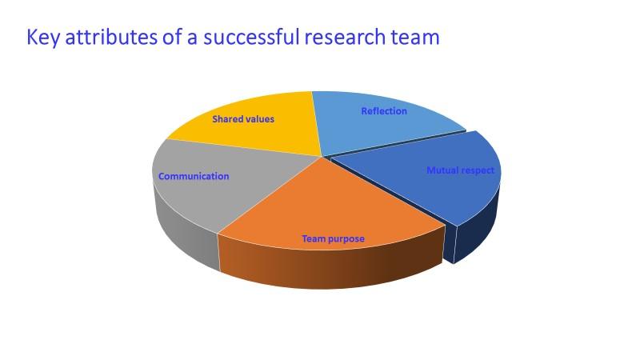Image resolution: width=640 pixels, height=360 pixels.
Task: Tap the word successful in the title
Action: (x=252, y=38)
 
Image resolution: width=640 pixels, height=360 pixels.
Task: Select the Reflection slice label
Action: (x=384, y=111)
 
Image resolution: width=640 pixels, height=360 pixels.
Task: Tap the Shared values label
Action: (x=243, y=119)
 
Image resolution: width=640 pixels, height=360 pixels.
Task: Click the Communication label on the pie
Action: (x=194, y=176)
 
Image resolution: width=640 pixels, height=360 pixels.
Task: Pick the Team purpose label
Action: (x=333, y=238)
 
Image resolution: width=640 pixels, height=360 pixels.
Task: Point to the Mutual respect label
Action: (x=460, y=170)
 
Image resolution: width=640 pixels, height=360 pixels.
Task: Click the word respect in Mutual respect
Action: (x=478, y=170)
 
